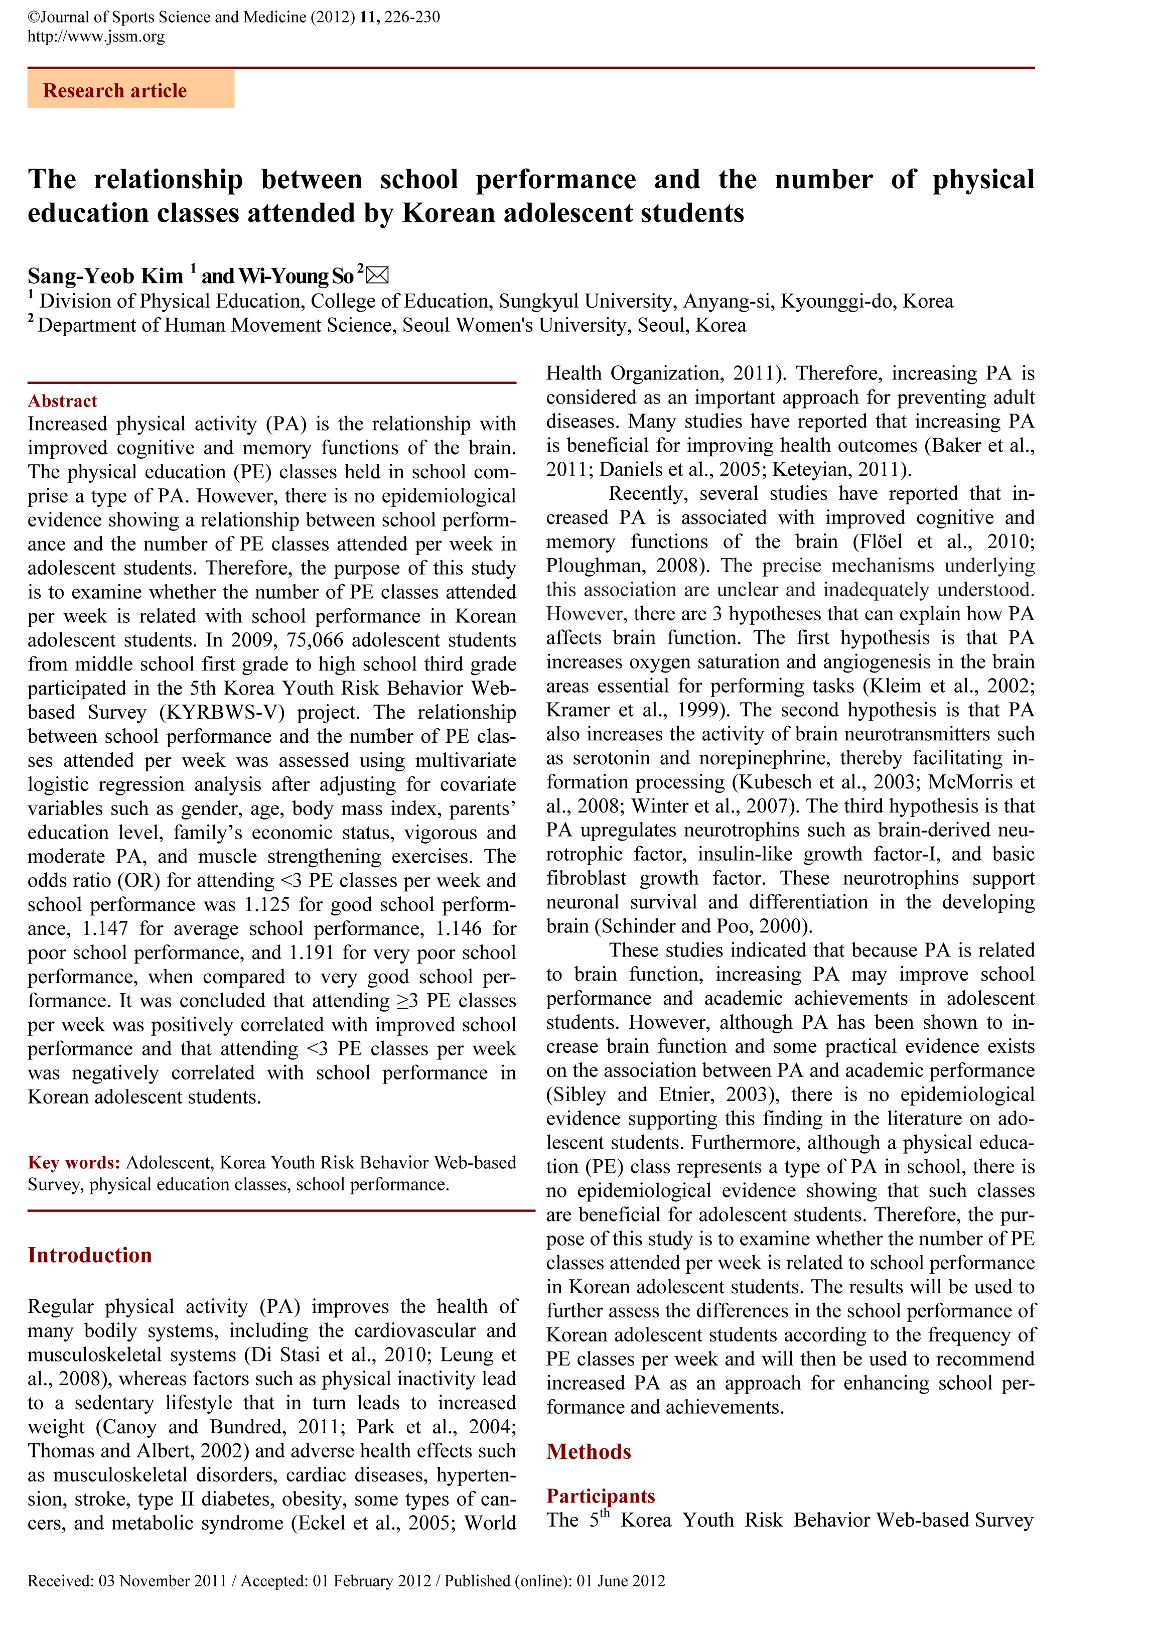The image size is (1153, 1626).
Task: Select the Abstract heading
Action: (x=63, y=401)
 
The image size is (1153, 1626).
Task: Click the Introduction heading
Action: (x=89, y=1255)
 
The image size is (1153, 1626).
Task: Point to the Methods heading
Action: (x=589, y=1451)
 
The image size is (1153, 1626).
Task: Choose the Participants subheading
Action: (x=601, y=1496)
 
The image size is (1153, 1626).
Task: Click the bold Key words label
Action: (x=74, y=1162)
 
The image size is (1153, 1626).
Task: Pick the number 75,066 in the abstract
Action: (x=315, y=640)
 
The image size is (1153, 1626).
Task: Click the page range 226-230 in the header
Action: (x=412, y=17)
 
